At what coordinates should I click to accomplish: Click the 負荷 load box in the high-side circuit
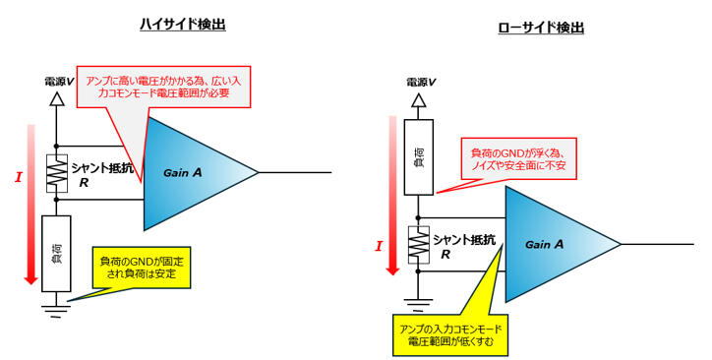(57, 253)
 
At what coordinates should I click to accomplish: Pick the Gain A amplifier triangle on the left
(192, 173)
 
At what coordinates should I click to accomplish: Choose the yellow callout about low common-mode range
(451, 333)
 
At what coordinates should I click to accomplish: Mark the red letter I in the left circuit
(18, 178)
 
